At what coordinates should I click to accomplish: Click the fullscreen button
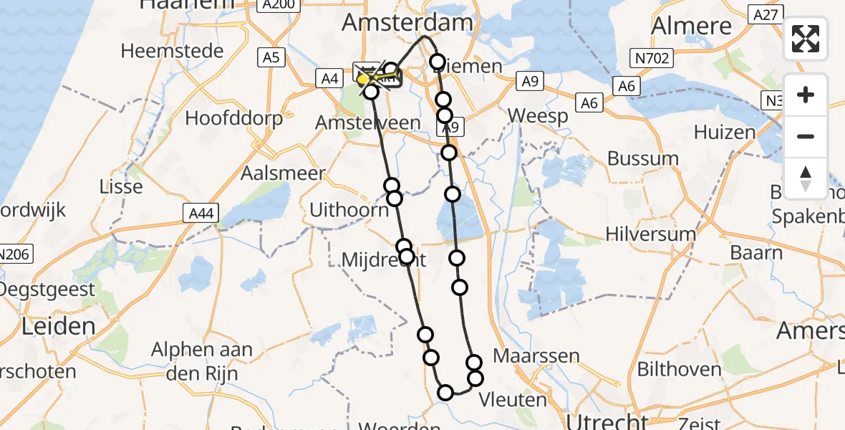(806, 39)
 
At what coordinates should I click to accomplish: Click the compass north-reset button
(806, 178)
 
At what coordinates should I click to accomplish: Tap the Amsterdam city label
(407, 22)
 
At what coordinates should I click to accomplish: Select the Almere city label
(692, 26)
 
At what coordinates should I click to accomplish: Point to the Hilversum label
(650, 234)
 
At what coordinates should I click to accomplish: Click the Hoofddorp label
(234, 118)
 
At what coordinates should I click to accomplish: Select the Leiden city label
(59, 327)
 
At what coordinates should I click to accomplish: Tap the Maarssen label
(526, 356)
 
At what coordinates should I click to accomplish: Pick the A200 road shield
(277, 5)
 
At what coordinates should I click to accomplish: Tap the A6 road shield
(627, 86)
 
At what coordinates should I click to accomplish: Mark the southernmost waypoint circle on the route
(445, 392)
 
